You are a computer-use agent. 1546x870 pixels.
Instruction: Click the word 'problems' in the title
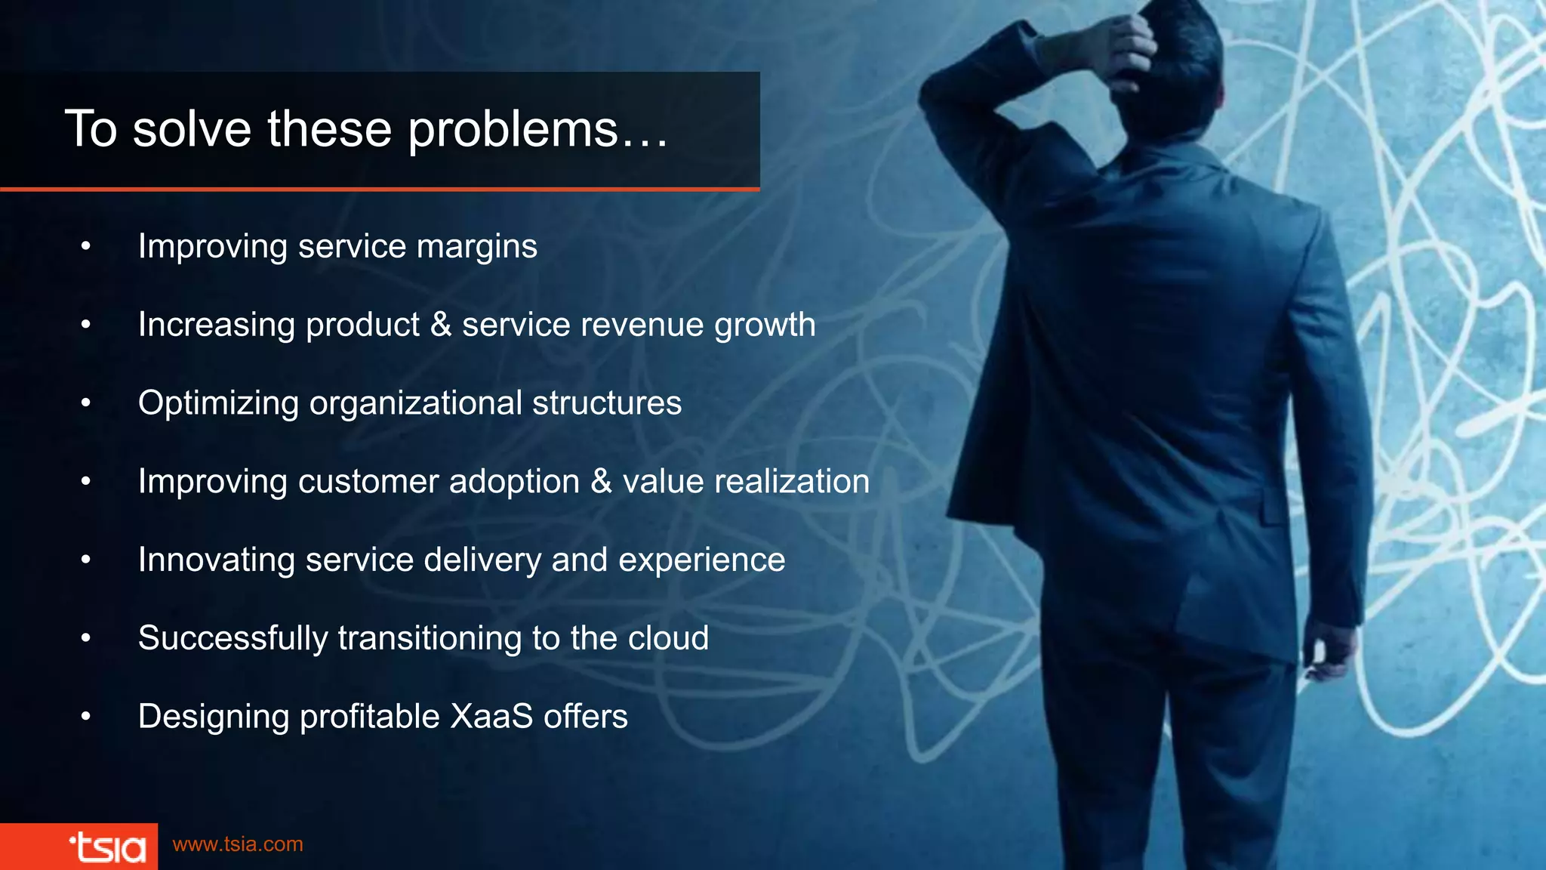pyautogui.click(x=513, y=130)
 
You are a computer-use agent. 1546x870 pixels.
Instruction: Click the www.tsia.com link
pyautogui.click(x=238, y=844)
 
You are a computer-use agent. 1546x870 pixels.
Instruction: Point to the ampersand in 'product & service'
pyautogui.click(x=441, y=325)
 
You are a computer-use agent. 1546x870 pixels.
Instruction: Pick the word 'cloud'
pyautogui.click(x=668, y=638)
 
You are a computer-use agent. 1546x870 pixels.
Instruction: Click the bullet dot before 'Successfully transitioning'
pyautogui.click(x=86, y=639)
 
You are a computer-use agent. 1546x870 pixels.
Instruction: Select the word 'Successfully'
pyautogui.click(x=233, y=639)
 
